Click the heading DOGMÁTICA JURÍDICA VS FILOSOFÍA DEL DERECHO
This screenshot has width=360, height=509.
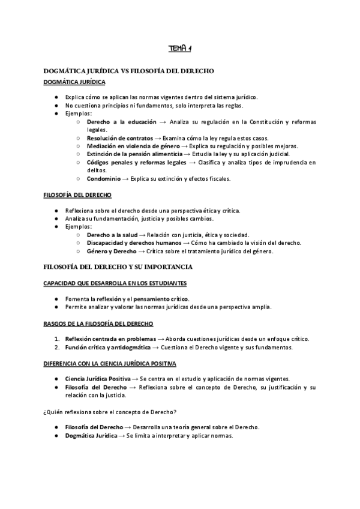[129, 71]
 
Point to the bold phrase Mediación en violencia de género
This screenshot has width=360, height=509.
[133, 146]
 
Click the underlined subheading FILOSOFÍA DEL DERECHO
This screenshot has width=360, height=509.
[77, 195]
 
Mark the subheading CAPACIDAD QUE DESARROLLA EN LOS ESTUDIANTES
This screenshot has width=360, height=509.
[115, 283]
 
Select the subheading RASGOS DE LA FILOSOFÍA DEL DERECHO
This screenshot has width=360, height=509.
[98, 324]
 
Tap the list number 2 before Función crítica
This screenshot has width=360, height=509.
[56, 347]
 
